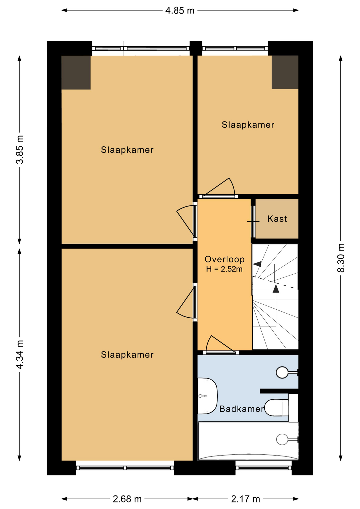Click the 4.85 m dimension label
coord(180,11)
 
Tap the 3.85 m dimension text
coord(20,150)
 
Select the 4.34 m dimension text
coord(20,354)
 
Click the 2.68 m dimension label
coord(127,499)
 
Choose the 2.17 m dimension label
coord(245,499)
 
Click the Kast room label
coord(277,219)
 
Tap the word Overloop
coord(225,259)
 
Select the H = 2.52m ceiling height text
coord(224,269)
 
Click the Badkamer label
coord(242,409)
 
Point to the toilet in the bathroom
coord(276,408)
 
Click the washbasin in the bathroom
coord(208,396)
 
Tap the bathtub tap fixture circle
coord(282,439)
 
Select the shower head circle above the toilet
coord(282,372)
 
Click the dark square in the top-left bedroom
coord(76,72)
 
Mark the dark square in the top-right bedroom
coord(285,72)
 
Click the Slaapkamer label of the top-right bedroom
coord(248,125)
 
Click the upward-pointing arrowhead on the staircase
coord(276,288)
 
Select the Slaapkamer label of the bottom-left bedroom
coord(127,355)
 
